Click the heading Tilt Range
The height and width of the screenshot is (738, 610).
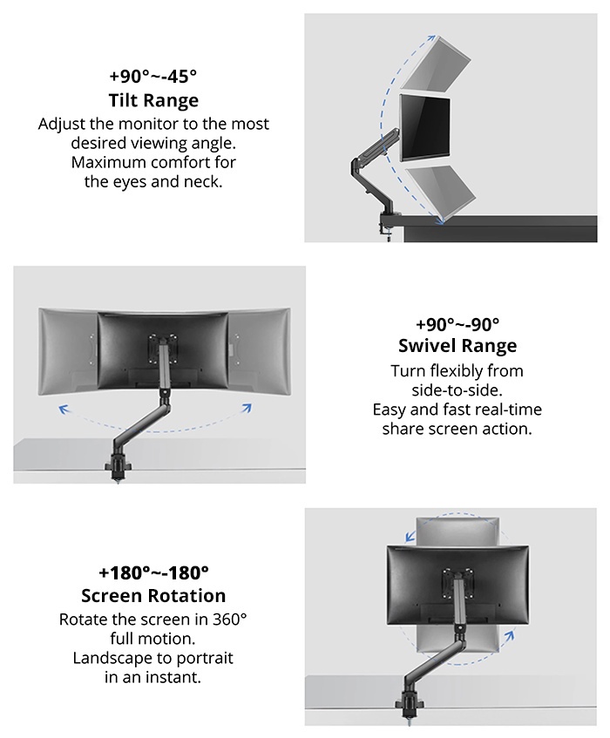point(153,100)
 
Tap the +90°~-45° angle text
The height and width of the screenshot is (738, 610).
point(153,76)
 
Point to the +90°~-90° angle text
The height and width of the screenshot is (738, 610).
point(457,323)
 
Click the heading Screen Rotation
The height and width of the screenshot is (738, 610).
point(153,596)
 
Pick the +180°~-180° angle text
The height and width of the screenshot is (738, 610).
point(153,572)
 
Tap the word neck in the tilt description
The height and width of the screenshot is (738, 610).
point(204,182)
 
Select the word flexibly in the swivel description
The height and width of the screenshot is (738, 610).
point(457,371)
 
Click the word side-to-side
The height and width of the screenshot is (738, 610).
point(457,390)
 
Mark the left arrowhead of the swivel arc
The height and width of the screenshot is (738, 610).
point(64,408)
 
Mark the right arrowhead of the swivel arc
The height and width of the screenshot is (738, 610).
point(247,408)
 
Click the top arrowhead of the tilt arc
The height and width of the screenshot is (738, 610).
point(429,38)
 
